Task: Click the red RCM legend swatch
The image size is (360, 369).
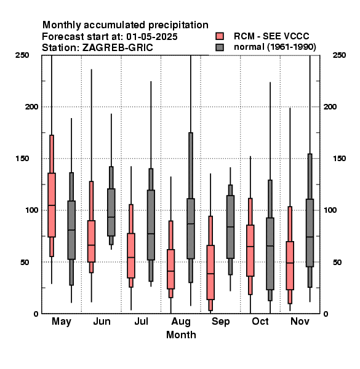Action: [220, 36]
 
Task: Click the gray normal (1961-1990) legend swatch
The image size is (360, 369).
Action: [220, 47]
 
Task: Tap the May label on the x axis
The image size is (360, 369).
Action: [62, 322]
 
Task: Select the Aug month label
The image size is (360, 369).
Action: [181, 322]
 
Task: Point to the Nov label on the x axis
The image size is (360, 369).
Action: [300, 321]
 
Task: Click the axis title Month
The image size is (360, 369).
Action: [181, 335]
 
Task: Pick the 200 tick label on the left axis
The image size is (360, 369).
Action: [32, 107]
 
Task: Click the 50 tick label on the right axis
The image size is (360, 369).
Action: [337, 262]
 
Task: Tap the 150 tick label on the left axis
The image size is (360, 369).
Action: [22, 159]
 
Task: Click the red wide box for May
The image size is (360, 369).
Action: [52, 205]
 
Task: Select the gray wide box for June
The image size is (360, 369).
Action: [111, 212]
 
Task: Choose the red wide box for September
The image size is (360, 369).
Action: [210, 272]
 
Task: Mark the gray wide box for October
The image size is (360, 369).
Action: [270, 253]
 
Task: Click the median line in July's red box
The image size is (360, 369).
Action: [131, 257]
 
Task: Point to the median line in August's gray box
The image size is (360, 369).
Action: [191, 224]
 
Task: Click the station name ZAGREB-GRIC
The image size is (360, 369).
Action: [118, 48]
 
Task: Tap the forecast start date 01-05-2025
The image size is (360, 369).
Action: [152, 37]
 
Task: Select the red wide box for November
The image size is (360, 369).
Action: [290, 266]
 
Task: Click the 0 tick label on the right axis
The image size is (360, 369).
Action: [326, 314]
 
